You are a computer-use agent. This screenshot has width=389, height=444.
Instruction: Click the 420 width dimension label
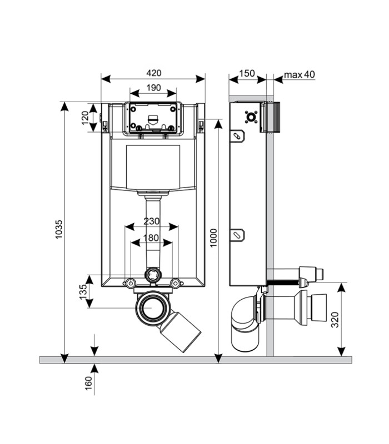[x=153, y=73]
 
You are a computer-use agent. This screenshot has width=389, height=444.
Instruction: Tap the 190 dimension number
[x=153, y=88]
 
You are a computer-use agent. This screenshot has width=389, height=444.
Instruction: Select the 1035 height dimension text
[x=58, y=229]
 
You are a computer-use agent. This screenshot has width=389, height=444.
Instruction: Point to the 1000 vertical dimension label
[x=213, y=238]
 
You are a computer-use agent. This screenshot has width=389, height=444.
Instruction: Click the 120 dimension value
[x=85, y=118]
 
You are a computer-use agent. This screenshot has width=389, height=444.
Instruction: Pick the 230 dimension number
[x=151, y=221]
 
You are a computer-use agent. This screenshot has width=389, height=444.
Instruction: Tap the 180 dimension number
[x=151, y=238]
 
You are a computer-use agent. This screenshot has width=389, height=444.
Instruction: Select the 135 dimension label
[x=83, y=292]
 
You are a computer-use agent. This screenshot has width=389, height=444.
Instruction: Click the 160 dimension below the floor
[x=89, y=383]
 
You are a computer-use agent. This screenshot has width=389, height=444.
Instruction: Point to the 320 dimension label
[x=335, y=320]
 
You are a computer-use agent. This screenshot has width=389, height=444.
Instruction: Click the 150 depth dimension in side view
[x=247, y=73]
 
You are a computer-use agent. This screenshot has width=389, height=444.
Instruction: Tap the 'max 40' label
[x=300, y=74]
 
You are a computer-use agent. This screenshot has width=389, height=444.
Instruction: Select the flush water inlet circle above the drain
[x=153, y=274]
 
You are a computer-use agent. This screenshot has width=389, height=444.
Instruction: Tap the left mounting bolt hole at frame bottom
[x=131, y=283]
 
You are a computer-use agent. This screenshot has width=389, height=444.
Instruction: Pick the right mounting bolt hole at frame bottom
[x=176, y=283]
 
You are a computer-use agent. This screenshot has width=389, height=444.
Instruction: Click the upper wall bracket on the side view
[x=237, y=136]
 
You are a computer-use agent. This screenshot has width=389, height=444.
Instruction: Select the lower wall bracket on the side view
[x=237, y=235]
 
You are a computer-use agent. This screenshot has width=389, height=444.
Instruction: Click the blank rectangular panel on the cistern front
[x=153, y=167]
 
